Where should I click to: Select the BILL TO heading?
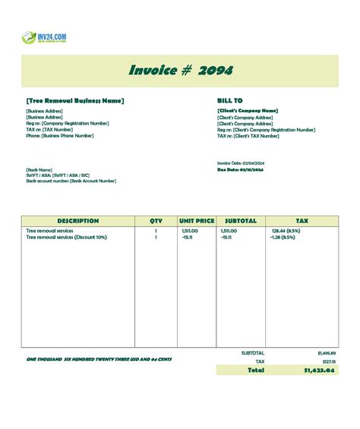coord(230,100)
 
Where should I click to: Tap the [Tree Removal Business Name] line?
coord(74,100)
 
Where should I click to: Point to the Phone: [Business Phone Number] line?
coord(60,136)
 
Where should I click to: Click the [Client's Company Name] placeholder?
coord(248,111)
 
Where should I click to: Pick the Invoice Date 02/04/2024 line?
coord(240,163)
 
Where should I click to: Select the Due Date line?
coord(240,170)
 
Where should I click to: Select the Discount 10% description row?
coord(67,237)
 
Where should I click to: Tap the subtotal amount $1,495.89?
coord(327,353)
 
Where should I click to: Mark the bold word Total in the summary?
coord(256,370)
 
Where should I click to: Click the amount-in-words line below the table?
coord(99,358)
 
